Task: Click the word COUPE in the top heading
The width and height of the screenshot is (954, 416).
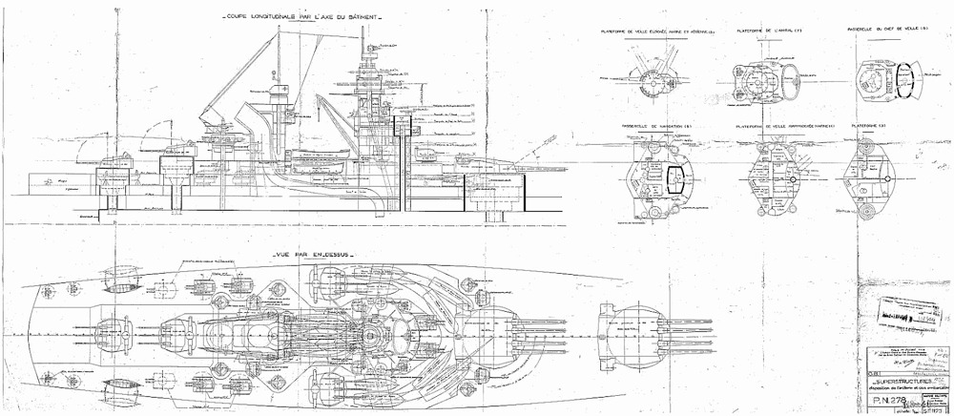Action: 237,18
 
